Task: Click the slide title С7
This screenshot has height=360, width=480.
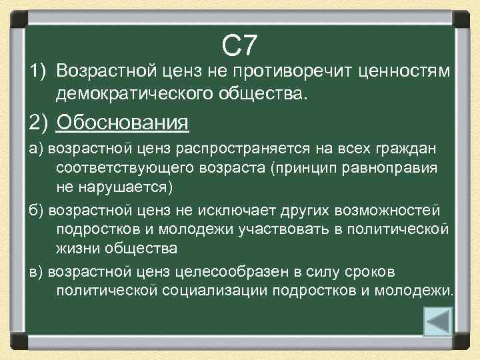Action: point(239,46)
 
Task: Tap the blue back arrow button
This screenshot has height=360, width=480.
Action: point(439,321)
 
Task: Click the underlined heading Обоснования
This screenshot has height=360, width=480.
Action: point(123,123)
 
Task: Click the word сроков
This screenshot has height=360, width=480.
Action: point(377,272)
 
